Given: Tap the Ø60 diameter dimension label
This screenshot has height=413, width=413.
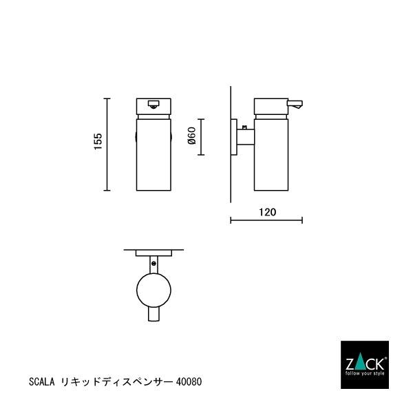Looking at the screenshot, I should (x=192, y=136).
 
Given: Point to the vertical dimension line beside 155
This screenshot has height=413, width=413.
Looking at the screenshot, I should (x=107, y=145).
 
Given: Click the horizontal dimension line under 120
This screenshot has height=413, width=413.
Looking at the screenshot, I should (x=266, y=221).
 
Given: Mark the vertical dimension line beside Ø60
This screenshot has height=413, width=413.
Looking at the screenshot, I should (x=200, y=136).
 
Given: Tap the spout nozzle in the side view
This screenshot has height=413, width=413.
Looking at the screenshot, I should (x=297, y=105).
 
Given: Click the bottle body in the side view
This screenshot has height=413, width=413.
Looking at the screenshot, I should (x=273, y=155).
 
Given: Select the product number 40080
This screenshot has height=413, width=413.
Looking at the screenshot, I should (x=189, y=381).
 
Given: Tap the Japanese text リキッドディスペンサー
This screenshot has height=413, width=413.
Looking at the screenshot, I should (x=117, y=381).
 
